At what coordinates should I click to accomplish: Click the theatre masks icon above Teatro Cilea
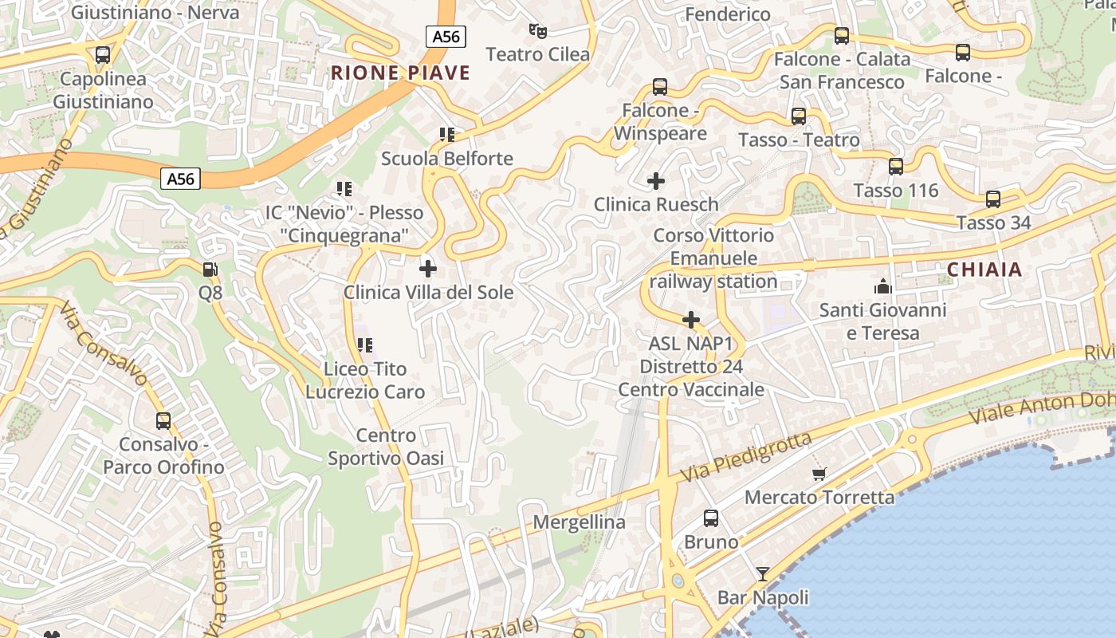(538, 31)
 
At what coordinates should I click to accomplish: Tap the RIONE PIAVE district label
(400, 73)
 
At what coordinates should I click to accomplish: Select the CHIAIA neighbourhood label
(984, 270)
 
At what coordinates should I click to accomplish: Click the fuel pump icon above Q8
(210, 270)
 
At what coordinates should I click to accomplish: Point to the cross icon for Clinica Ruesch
(656, 181)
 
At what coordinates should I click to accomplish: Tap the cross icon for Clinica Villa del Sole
(428, 269)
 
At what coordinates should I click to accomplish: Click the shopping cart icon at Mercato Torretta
(819, 475)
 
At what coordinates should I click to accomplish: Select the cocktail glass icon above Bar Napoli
(763, 574)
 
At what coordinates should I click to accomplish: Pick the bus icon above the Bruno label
(711, 518)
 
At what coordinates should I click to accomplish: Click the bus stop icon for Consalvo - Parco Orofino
(163, 420)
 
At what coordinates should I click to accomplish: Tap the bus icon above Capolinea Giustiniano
(103, 55)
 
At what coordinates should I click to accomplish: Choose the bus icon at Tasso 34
(993, 199)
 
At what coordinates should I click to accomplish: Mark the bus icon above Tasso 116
(896, 167)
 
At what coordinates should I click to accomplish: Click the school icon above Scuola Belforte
(446, 135)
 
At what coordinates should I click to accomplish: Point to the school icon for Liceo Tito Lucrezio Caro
(365, 345)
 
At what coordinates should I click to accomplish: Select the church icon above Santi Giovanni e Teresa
(882, 286)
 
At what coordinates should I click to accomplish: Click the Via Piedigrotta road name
(746, 458)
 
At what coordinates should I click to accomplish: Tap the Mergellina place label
(579, 522)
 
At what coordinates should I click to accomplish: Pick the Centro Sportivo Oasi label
(386, 447)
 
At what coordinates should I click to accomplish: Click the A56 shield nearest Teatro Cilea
(445, 37)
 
